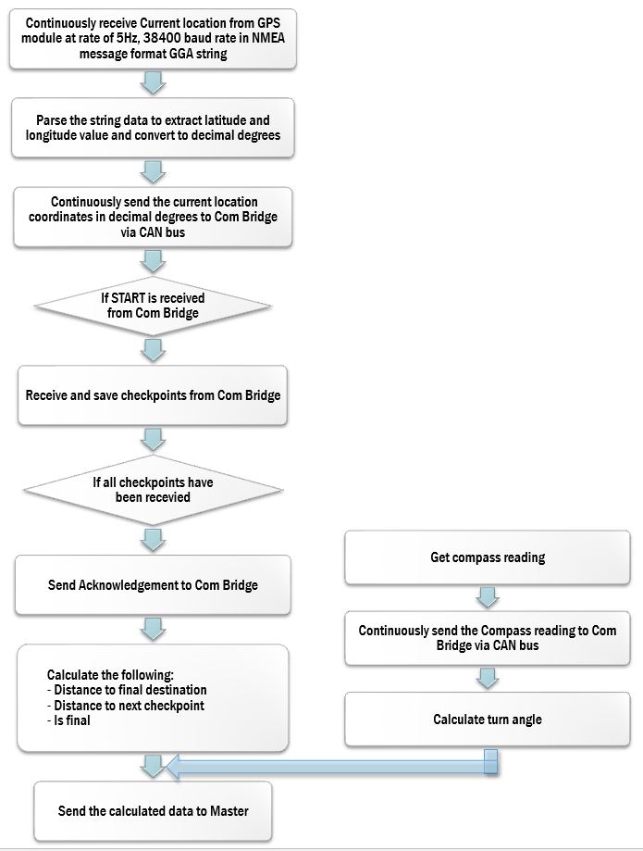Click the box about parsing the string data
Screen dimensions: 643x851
coord(153,128)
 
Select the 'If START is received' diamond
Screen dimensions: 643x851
coord(153,307)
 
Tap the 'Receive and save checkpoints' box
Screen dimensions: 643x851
coord(153,395)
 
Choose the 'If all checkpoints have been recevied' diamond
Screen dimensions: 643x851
coord(153,490)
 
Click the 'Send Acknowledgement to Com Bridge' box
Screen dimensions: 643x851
coord(153,584)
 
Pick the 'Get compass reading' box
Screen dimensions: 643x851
coord(488,557)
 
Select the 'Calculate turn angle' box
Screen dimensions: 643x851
coord(488,720)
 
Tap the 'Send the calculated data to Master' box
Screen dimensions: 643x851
coord(153,811)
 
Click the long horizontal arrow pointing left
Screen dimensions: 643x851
coord(331,766)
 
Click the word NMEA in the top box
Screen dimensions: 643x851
coord(268,38)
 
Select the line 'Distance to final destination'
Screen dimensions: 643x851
coord(127,690)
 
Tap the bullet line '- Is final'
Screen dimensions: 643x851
coord(68,720)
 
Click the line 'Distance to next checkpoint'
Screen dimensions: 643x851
coord(126,706)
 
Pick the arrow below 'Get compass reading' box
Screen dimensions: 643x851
coord(488,597)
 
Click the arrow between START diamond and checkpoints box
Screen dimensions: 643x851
coord(153,351)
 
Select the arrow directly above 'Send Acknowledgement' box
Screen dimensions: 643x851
coord(153,540)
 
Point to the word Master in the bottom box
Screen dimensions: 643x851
coord(229,811)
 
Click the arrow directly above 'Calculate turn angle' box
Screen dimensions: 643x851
coord(488,679)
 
